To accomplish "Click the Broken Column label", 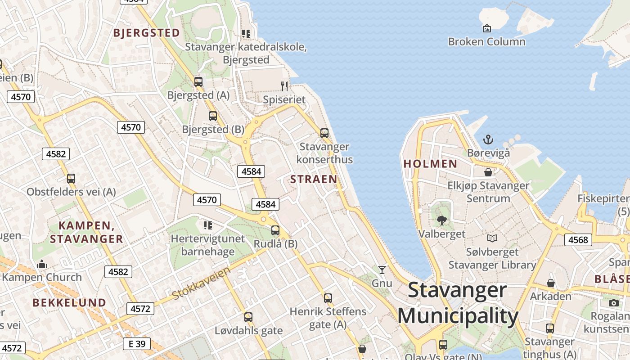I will [486, 42].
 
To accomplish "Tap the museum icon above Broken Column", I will [486, 29].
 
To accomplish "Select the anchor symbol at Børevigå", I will [488, 139].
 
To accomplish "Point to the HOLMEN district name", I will [430, 164].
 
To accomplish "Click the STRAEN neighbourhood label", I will [314, 179].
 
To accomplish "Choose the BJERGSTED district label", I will [147, 33].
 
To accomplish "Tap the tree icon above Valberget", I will [441, 220].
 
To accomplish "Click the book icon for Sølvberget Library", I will [492, 238].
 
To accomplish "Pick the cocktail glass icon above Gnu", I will [382, 270].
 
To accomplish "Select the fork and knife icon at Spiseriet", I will [284, 86].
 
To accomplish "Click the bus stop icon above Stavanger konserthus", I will [324, 133].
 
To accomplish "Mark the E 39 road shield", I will [137, 344].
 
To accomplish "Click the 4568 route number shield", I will [578, 240].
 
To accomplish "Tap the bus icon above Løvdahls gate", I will [248, 317].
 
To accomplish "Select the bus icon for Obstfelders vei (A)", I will [71, 178].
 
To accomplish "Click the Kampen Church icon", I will [42, 264].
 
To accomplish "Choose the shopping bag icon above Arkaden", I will [550, 283].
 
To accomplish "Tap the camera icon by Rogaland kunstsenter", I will [614, 303].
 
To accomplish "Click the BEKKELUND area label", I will [69, 302].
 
